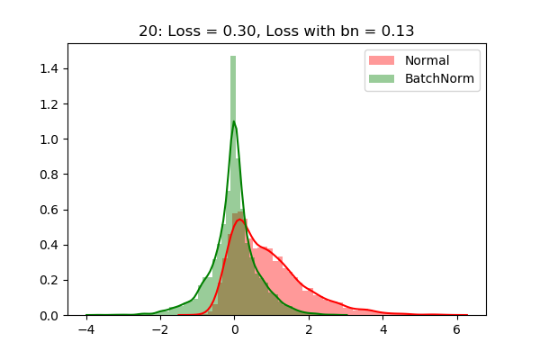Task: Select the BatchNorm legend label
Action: click(x=440, y=79)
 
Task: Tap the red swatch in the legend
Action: click(x=380, y=60)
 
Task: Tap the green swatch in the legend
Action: click(x=380, y=79)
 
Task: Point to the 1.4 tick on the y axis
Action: click(x=50, y=68)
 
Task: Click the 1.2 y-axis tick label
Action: click(x=50, y=104)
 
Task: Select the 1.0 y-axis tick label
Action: click(x=50, y=139)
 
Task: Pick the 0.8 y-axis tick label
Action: click(x=50, y=175)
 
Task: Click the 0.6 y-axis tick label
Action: click(x=50, y=210)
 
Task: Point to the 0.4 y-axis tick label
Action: click(x=50, y=245)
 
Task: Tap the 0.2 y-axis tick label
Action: click(x=50, y=281)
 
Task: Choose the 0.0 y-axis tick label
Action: click(x=50, y=316)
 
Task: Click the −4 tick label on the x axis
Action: click(x=85, y=330)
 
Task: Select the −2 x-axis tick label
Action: click(x=159, y=330)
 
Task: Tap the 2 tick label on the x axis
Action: click(x=309, y=330)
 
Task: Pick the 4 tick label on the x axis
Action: click(x=383, y=330)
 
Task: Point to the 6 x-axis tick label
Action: click(x=458, y=330)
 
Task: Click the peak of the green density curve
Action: click(x=234, y=121)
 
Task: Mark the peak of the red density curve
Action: click(x=239, y=220)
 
